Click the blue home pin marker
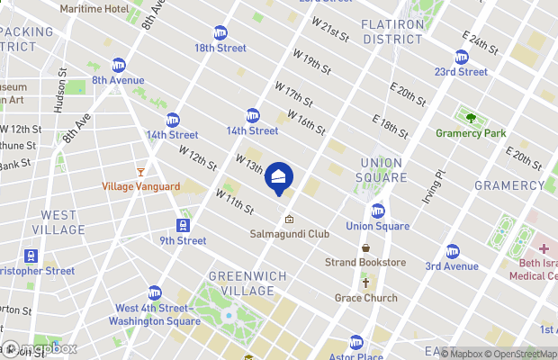click(x=279, y=178)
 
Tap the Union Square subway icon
click(x=378, y=211)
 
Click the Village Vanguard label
click(x=139, y=186)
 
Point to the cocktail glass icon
click(x=139, y=171)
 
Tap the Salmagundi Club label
click(x=289, y=234)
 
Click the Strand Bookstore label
click(x=365, y=263)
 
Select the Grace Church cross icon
click(x=365, y=283)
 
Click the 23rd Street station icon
click(x=461, y=57)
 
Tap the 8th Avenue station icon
click(x=118, y=65)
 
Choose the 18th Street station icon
click(x=221, y=32)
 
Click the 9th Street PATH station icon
click(x=183, y=225)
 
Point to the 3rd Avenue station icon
click(x=452, y=251)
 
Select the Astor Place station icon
click(x=356, y=342)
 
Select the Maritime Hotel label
click(x=94, y=8)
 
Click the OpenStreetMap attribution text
click(x=519, y=354)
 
